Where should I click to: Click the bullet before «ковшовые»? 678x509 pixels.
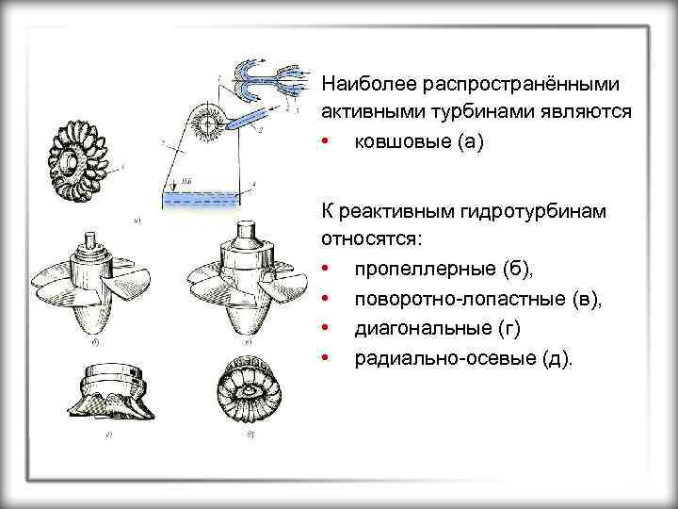tap(323, 143)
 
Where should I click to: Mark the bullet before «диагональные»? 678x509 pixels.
tap(323, 329)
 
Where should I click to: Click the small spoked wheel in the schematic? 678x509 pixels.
tap(206, 123)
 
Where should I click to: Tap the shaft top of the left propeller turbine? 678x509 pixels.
tap(91, 240)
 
